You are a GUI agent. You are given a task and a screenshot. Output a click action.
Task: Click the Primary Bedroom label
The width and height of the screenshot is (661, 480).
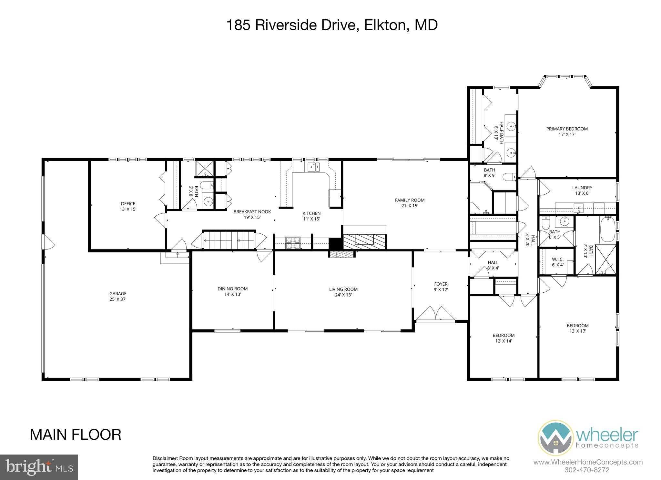tap(567, 131)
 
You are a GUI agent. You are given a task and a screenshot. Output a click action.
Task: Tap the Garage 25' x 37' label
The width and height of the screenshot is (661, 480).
tap(118, 296)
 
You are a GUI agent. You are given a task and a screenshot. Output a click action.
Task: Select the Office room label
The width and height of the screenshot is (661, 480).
tap(128, 206)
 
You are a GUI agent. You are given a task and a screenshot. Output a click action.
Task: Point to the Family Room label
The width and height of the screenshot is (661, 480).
tap(410, 203)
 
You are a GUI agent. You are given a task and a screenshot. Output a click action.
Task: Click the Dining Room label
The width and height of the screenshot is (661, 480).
tap(232, 291)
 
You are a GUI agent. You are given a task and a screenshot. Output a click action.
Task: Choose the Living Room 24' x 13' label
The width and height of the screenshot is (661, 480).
tap(343, 292)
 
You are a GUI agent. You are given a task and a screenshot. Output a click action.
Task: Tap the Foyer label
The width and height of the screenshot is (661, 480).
tap(441, 287)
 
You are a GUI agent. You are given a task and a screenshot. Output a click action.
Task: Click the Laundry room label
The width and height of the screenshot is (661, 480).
tap(582, 190)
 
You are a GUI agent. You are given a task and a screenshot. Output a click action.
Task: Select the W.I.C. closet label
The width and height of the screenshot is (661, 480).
tap(557, 262)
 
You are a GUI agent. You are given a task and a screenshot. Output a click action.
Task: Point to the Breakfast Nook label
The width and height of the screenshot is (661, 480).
tap(252, 214)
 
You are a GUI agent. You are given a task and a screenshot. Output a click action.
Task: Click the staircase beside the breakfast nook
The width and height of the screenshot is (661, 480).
tap(229, 240)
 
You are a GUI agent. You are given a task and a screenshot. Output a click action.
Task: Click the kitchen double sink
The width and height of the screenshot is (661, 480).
tap(313, 167)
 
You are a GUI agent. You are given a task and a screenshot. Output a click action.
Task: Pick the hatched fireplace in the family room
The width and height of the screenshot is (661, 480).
tap(364, 241)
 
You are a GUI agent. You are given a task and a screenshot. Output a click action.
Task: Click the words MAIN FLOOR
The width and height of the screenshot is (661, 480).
tap(76, 435)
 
